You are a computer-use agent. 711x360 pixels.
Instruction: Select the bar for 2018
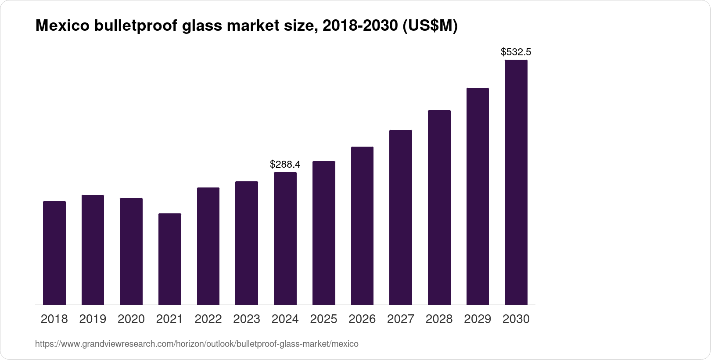click(54, 253)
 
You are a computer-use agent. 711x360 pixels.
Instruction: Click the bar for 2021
click(170, 259)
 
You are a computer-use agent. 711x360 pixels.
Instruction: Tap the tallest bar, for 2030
click(516, 182)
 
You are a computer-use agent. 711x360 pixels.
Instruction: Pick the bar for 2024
click(285, 238)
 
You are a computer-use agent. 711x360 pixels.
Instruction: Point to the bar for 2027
click(401, 217)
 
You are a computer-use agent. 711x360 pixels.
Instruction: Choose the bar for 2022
click(208, 246)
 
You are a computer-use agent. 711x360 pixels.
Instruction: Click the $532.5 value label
click(516, 52)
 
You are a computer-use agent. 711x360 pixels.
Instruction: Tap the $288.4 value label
click(285, 164)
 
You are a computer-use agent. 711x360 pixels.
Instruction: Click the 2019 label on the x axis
click(93, 319)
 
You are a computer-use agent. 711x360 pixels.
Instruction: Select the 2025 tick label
click(323, 319)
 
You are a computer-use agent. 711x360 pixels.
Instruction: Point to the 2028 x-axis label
click(439, 319)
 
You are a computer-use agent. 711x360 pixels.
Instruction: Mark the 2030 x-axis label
click(516, 319)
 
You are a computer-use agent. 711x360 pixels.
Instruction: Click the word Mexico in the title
click(61, 26)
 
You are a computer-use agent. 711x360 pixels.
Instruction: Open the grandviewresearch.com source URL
click(197, 344)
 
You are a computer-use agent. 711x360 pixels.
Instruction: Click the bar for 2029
click(478, 196)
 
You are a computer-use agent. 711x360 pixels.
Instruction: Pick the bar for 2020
click(131, 251)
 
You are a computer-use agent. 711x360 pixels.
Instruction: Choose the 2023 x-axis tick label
click(247, 319)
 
